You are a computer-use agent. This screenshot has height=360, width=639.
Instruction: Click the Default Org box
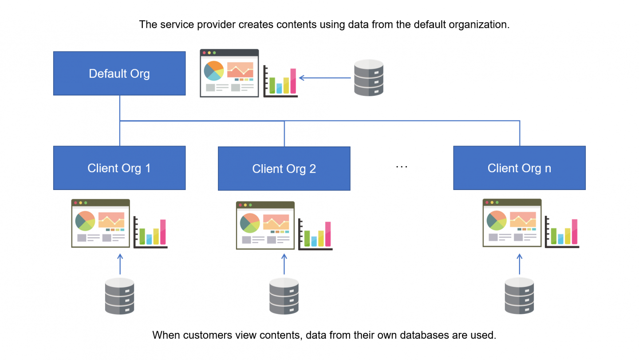pyautogui.click(x=119, y=73)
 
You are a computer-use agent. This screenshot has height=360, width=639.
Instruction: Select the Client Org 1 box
pyautogui.click(x=119, y=168)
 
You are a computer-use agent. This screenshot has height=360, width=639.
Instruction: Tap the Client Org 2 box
pyautogui.click(x=284, y=169)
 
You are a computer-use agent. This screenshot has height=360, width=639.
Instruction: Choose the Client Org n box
pyautogui.click(x=519, y=168)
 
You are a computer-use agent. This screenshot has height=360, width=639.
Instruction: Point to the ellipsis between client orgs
pyautogui.click(x=401, y=167)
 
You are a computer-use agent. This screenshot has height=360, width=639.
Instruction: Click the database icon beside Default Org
pyautogui.click(x=368, y=78)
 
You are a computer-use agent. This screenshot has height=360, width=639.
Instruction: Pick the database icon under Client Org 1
pyautogui.click(x=119, y=296)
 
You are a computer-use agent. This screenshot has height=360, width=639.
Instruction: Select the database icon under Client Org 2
pyautogui.click(x=284, y=296)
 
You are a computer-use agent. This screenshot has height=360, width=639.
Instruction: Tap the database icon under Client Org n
pyautogui.click(x=519, y=296)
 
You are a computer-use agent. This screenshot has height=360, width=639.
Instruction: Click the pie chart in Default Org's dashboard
pyautogui.click(x=214, y=71)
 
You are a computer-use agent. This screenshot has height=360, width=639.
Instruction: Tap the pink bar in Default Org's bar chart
pyautogui.click(x=293, y=81)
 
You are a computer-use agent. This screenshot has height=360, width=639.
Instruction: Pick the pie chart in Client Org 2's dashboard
pyautogui.click(x=250, y=223)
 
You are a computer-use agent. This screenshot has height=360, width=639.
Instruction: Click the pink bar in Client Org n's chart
pyautogui.click(x=575, y=232)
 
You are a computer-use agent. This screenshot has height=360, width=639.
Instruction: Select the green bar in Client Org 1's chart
pyautogui.click(x=142, y=236)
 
